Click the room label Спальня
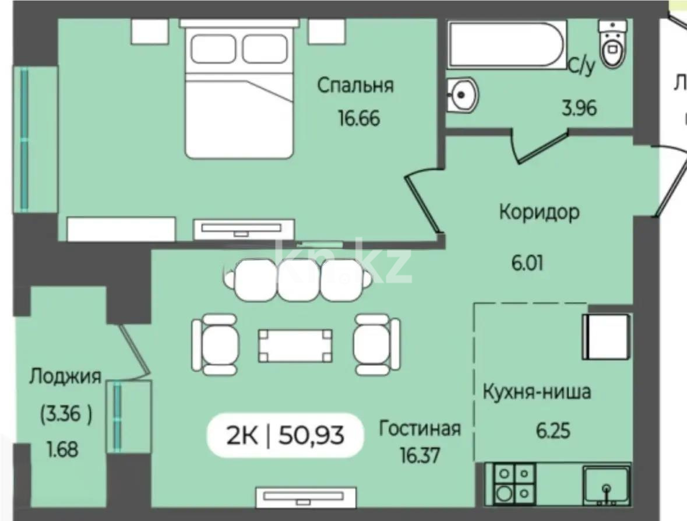(x=355, y=86)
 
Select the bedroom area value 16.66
(x=358, y=118)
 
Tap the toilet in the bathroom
(x=611, y=45)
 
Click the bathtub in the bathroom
(x=505, y=44)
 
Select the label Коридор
(x=539, y=212)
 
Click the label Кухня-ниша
(x=536, y=392)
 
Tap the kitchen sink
(x=605, y=484)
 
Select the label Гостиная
(x=420, y=428)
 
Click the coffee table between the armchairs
(x=296, y=345)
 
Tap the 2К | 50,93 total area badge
(x=285, y=435)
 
